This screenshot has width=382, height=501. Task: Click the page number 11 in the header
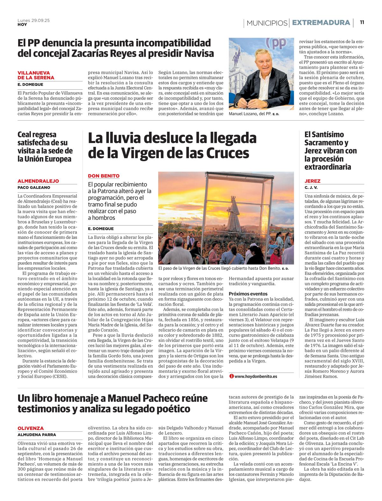(362, 23)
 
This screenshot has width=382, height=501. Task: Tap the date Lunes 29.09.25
(33, 20)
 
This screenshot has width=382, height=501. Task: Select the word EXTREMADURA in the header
(321, 23)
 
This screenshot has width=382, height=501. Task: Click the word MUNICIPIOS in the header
(267, 23)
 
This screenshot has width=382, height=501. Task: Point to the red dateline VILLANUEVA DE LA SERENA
(36, 75)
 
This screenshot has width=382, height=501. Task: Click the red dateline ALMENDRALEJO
(38, 181)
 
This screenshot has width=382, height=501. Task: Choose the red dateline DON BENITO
(104, 176)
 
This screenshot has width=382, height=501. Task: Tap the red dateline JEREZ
(313, 181)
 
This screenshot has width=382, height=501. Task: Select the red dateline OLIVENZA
(31, 428)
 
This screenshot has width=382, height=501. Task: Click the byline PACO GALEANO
(34, 187)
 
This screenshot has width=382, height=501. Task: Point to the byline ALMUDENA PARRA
(37, 435)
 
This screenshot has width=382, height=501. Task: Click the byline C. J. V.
(311, 187)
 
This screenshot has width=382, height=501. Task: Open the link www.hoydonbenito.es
(256, 376)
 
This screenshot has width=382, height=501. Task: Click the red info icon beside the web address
(231, 376)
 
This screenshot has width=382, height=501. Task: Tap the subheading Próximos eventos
(248, 294)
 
